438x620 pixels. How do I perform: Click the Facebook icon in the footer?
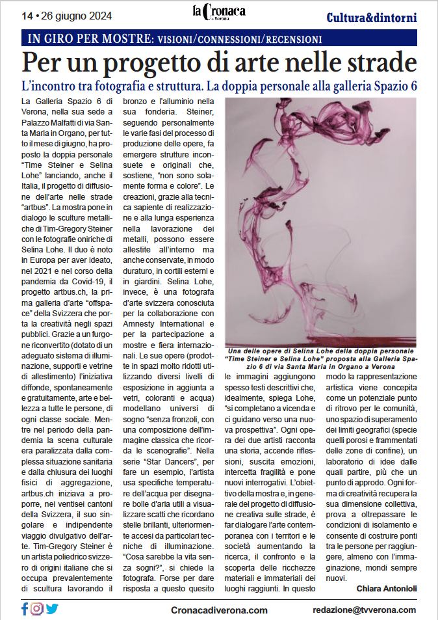(x=25, y=609)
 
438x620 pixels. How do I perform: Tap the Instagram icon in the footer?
(x=37, y=609)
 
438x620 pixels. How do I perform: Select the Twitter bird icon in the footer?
(x=52, y=609)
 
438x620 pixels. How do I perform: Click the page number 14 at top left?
(x=27, y=15)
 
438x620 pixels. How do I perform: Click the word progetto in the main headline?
(x=170, y=62)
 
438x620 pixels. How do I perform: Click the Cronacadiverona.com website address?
(x=219, y=610)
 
